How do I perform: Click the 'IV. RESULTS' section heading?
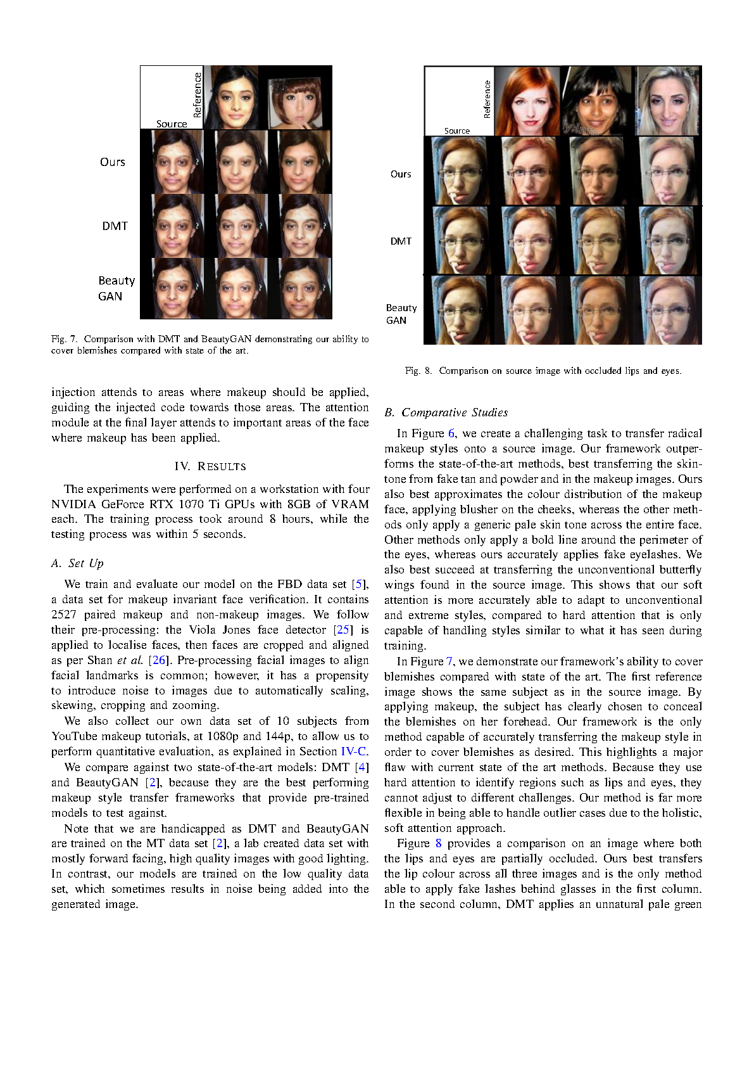[x=210, y=466]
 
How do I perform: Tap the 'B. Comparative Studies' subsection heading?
[x=446, y=412]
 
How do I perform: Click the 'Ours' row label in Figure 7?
[x=113, y=162]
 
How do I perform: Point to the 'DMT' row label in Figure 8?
[x=401, y=241]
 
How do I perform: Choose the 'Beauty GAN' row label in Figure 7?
[x=116, y=288]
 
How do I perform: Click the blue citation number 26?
[x=158, y=660]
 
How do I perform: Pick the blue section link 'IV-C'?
[x=353, y=751]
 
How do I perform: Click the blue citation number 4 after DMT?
[x=362, y=767]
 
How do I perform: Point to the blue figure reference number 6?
[x=451, y=433]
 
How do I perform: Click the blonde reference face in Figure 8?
[x=668, y=101]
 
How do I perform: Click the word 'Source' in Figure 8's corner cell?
[x=457, y=131]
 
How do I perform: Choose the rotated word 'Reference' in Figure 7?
[x=198, y=95]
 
